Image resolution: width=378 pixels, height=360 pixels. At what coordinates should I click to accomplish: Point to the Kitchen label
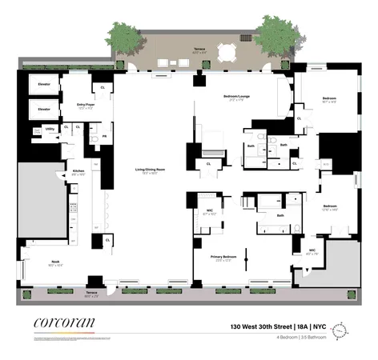78,171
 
